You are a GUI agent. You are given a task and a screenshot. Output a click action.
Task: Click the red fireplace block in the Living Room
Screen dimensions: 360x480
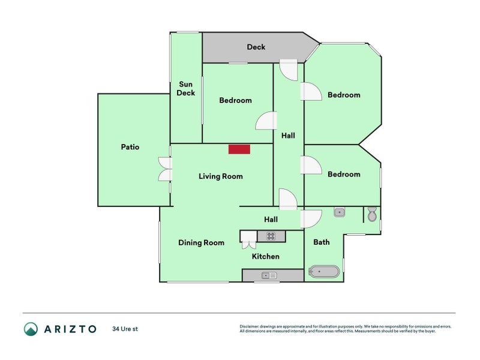[239, 149]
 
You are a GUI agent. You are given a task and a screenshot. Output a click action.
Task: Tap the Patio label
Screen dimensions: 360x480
[130, 147]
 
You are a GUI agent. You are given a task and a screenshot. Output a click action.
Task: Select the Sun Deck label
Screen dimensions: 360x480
[185, 89]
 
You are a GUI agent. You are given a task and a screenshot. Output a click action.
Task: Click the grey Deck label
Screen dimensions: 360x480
[256, 47]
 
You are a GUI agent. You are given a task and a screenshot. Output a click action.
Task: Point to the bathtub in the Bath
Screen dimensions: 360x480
[323, 272]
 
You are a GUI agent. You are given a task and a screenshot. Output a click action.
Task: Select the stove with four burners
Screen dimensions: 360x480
[271, 236]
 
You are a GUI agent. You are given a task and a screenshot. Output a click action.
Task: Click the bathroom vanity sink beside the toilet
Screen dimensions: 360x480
[339, 212]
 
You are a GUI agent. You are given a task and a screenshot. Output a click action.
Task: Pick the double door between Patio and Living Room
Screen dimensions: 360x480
[164, 169]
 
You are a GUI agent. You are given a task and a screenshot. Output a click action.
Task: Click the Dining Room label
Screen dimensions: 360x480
[201, 243]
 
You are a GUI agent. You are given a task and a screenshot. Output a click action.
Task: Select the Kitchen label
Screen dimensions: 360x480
[265, 257]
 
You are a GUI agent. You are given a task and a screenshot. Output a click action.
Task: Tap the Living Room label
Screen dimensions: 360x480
[221, 176]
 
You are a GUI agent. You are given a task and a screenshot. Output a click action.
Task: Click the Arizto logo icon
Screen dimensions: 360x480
[31, 329]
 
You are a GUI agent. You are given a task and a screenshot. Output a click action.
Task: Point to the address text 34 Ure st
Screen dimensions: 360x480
[125, 329]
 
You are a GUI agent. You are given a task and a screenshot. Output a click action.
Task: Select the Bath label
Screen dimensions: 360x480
[322, 243]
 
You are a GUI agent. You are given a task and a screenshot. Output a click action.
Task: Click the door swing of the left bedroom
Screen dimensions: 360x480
[265, 121]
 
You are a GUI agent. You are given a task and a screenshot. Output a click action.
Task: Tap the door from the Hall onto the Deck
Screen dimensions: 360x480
[289, 69]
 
